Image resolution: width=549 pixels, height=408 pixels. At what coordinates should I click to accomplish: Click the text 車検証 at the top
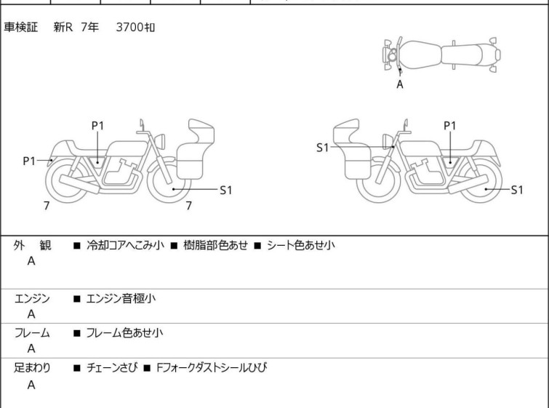pos(20,27)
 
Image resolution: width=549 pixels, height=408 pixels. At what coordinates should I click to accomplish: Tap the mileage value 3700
pos(129,27)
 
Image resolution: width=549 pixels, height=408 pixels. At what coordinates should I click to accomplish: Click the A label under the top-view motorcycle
pos(400,84)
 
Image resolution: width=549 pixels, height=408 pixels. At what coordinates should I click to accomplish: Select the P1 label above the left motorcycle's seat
pos(97,125)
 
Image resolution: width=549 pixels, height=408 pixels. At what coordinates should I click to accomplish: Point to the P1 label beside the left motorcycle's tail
pos(29,161)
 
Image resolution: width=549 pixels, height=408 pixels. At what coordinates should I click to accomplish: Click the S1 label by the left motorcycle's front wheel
pos(226,190)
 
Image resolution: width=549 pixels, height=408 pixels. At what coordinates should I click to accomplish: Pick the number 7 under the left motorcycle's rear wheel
pos(47,206)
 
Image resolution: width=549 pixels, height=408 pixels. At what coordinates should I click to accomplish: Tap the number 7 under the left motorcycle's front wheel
pos(189,206)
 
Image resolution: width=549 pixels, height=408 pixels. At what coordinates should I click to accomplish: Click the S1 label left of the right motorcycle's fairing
pos(322,148)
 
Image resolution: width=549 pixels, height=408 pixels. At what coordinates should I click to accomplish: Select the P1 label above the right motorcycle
pos(450,125)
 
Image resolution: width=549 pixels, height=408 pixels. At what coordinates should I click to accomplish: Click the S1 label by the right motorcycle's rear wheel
pos(517,190)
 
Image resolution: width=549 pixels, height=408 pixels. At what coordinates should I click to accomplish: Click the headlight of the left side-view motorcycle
pos(160,141)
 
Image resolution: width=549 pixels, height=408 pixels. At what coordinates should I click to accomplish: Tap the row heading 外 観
pos(32,245)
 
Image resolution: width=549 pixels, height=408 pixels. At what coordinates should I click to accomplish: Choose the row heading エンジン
pos(32,298)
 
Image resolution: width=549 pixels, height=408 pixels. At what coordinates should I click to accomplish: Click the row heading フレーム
pos(32,332)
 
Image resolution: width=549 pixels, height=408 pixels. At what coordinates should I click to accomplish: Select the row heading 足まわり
pos(32,368)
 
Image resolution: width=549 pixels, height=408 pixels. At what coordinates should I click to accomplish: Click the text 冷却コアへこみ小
pos(125,245)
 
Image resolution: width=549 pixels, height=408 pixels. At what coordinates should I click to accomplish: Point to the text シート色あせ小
pos(301,245)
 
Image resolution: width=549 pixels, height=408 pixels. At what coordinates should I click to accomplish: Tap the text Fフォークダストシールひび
pos(212,368)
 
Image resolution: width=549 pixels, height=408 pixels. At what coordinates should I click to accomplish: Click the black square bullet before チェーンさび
pos(76,368)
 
